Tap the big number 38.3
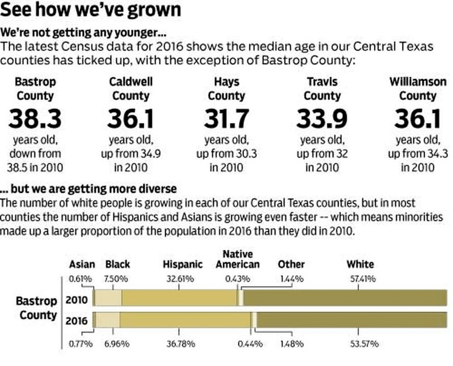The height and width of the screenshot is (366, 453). click(35, 120)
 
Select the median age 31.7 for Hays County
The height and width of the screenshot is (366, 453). click(226, 120)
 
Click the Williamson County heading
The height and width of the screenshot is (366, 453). click(417, 88)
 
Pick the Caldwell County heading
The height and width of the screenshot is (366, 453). click(131, 88)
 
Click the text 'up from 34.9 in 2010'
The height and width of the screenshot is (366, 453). click(131, 160)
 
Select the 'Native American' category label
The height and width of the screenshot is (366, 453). click(238, 259)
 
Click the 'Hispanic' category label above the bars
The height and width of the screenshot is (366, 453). click(182, 264)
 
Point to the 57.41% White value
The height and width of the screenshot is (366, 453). click(360, 278)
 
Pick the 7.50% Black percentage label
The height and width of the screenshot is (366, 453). click(117, 278)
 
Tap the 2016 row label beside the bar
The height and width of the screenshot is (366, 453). click(77, 321)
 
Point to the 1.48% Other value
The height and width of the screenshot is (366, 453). click(292, 343)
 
